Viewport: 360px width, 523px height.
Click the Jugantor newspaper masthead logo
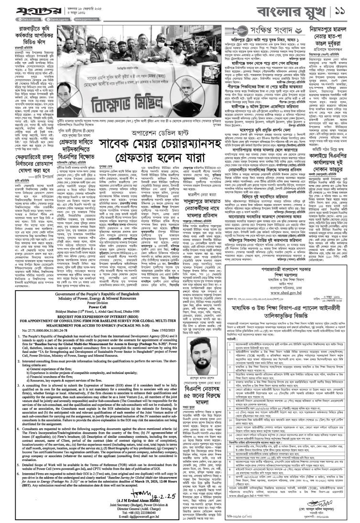(24, 9)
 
